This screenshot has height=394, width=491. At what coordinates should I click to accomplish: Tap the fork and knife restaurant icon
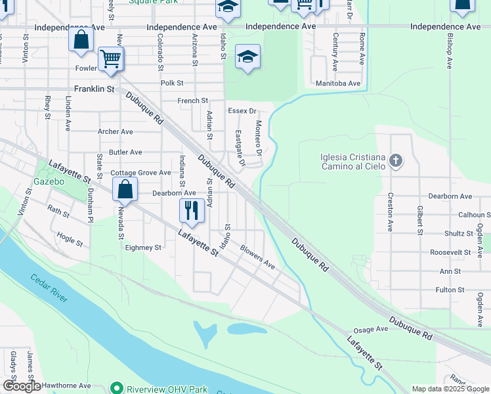click(191, 211)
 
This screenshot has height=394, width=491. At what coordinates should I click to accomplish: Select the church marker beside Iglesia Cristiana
click(395, 160)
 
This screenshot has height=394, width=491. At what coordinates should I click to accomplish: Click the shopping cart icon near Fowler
click(110, 59)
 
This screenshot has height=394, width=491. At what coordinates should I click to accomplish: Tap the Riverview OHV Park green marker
click(117, 387)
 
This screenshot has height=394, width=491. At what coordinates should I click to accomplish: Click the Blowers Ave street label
click(257, 257)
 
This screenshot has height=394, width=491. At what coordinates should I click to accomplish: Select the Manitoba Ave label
click(338, 83)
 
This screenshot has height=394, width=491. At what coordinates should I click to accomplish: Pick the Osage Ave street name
click(372, 330)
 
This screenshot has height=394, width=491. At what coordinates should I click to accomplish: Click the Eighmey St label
click(142, 248)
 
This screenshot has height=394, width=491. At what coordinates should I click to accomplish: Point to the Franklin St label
click(94, 89)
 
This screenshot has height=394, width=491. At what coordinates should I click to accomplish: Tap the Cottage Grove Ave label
click(140, 173)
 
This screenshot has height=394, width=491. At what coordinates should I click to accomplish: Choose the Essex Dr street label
click(242, 112)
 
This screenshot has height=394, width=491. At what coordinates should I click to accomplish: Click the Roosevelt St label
click(450, 252)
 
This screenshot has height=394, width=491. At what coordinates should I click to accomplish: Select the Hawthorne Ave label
click(64, 386)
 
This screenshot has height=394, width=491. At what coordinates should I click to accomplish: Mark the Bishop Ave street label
click(450, 51)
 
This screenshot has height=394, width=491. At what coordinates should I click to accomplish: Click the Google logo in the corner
click(22, 385)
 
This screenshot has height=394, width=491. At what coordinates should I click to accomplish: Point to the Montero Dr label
click(259, 139)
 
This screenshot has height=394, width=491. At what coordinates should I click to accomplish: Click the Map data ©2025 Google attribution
click(451, 389)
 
